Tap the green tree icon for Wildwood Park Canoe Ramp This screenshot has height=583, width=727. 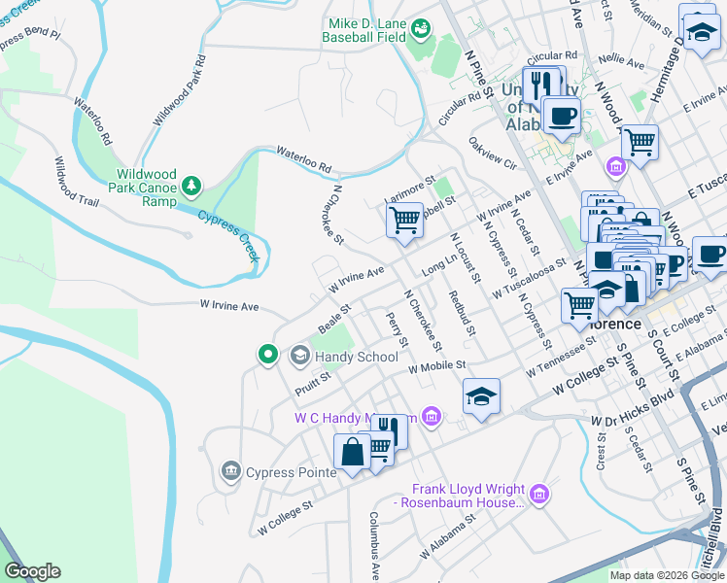click(x=191, y=185)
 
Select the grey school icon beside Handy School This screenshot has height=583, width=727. click(x=299, y=357)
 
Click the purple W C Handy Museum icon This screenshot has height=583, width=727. click(x=433, y=418)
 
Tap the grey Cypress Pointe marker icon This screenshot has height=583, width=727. click(x=230, y=472)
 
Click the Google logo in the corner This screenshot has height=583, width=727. click(x=32, y=571)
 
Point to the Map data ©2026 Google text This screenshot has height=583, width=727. click(x=666, y=575)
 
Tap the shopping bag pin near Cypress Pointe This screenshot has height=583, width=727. click(x=352, y=453)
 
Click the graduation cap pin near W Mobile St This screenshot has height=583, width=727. click(x=481, y=396)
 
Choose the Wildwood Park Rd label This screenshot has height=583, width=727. click(x=179, y=91)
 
